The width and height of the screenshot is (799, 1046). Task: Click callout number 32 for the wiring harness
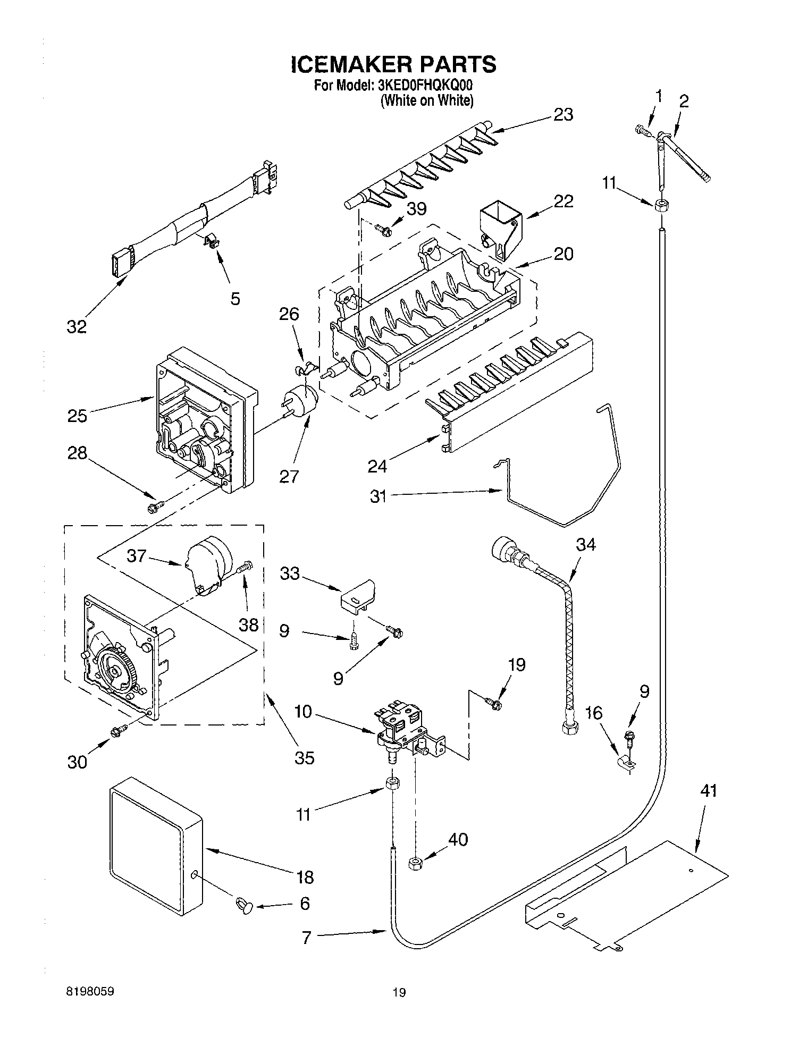tap(77, 326)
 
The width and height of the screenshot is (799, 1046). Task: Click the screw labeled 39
tap(382, 229)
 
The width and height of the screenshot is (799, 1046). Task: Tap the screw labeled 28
tap(155, 507)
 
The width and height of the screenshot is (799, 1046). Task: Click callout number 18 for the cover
tap(305, 876)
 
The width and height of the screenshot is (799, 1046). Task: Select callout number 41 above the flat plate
tap(708, 790)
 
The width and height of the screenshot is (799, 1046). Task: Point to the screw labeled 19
tap(495, 703)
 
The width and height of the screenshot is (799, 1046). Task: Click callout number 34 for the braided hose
tap(586, 544)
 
